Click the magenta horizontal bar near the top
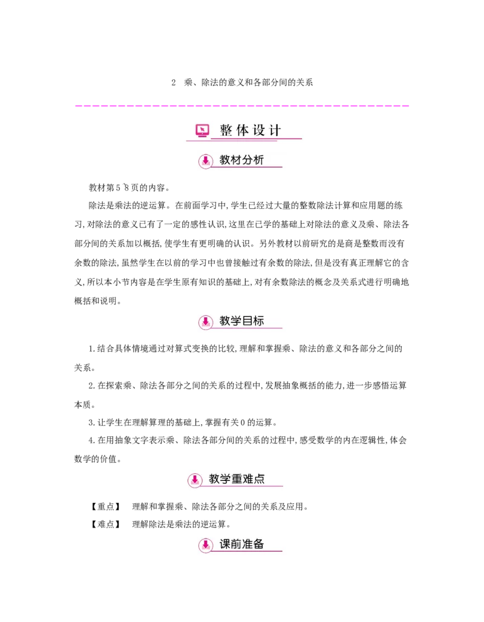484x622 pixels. (x=242, y=106)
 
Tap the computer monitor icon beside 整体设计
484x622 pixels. (x=202, y=130)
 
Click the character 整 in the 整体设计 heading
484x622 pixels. (x=226, y=130)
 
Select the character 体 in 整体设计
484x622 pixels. (x=243, y=130)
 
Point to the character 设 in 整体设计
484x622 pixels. (x=260, y=130)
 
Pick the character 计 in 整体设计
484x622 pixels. (x=276, y=130)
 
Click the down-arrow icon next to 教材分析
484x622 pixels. (x=206, y=161)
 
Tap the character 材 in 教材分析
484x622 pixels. (x=237, y=160)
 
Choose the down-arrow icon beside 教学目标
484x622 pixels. (x=206, y=321)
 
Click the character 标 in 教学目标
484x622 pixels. (x=259, y=321)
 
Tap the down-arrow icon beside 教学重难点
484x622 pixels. (x=195, y=480)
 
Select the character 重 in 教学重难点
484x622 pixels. (x=237, y=479)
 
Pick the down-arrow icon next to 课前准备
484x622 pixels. (x=206, y=545)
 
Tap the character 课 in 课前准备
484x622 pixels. (x=225, y=544)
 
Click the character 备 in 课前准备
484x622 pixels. (x=259, y=544)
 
